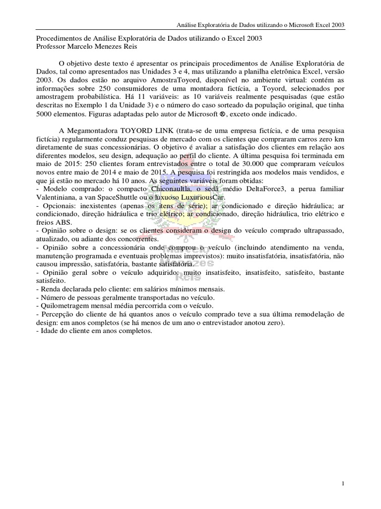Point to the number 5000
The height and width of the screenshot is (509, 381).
(49, 114)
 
